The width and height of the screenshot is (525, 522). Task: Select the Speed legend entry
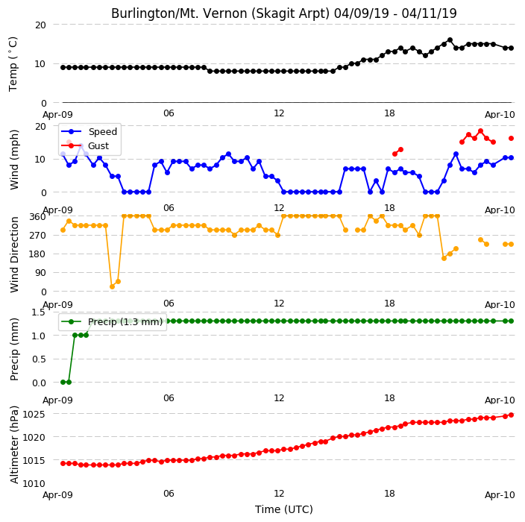[x=89, y=131]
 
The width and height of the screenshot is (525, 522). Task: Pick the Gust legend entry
[x=85, y=146]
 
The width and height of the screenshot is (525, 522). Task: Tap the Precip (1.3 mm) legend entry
[x=112, y=321]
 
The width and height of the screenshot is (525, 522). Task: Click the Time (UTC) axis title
[x=284, y=509]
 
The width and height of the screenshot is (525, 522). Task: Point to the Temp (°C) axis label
[x=13, y=64]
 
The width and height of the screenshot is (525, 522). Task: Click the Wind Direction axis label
[x=14, y=254]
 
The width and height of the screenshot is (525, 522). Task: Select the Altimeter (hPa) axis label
[x=14, y=444]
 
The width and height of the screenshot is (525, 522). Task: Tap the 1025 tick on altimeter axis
[x=34, y=414]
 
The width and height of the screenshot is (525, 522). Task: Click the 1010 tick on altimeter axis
[x=34, y=483]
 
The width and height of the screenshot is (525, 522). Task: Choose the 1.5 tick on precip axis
[x=38, y=312]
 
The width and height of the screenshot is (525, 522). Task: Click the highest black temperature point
[x=450, y=40]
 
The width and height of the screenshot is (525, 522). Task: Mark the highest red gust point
[x=480, y=131]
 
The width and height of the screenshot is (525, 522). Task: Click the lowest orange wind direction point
[x=112, y=286]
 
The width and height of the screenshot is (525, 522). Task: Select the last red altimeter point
[x=511, y=415]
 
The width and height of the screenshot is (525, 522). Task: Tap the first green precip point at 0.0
[x=63, y=382]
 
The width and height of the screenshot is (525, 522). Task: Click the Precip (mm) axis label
[x=14, y=349]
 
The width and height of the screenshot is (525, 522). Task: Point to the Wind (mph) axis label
[x=14, y=160]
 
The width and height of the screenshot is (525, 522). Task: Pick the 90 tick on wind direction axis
[x=40, y=273]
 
